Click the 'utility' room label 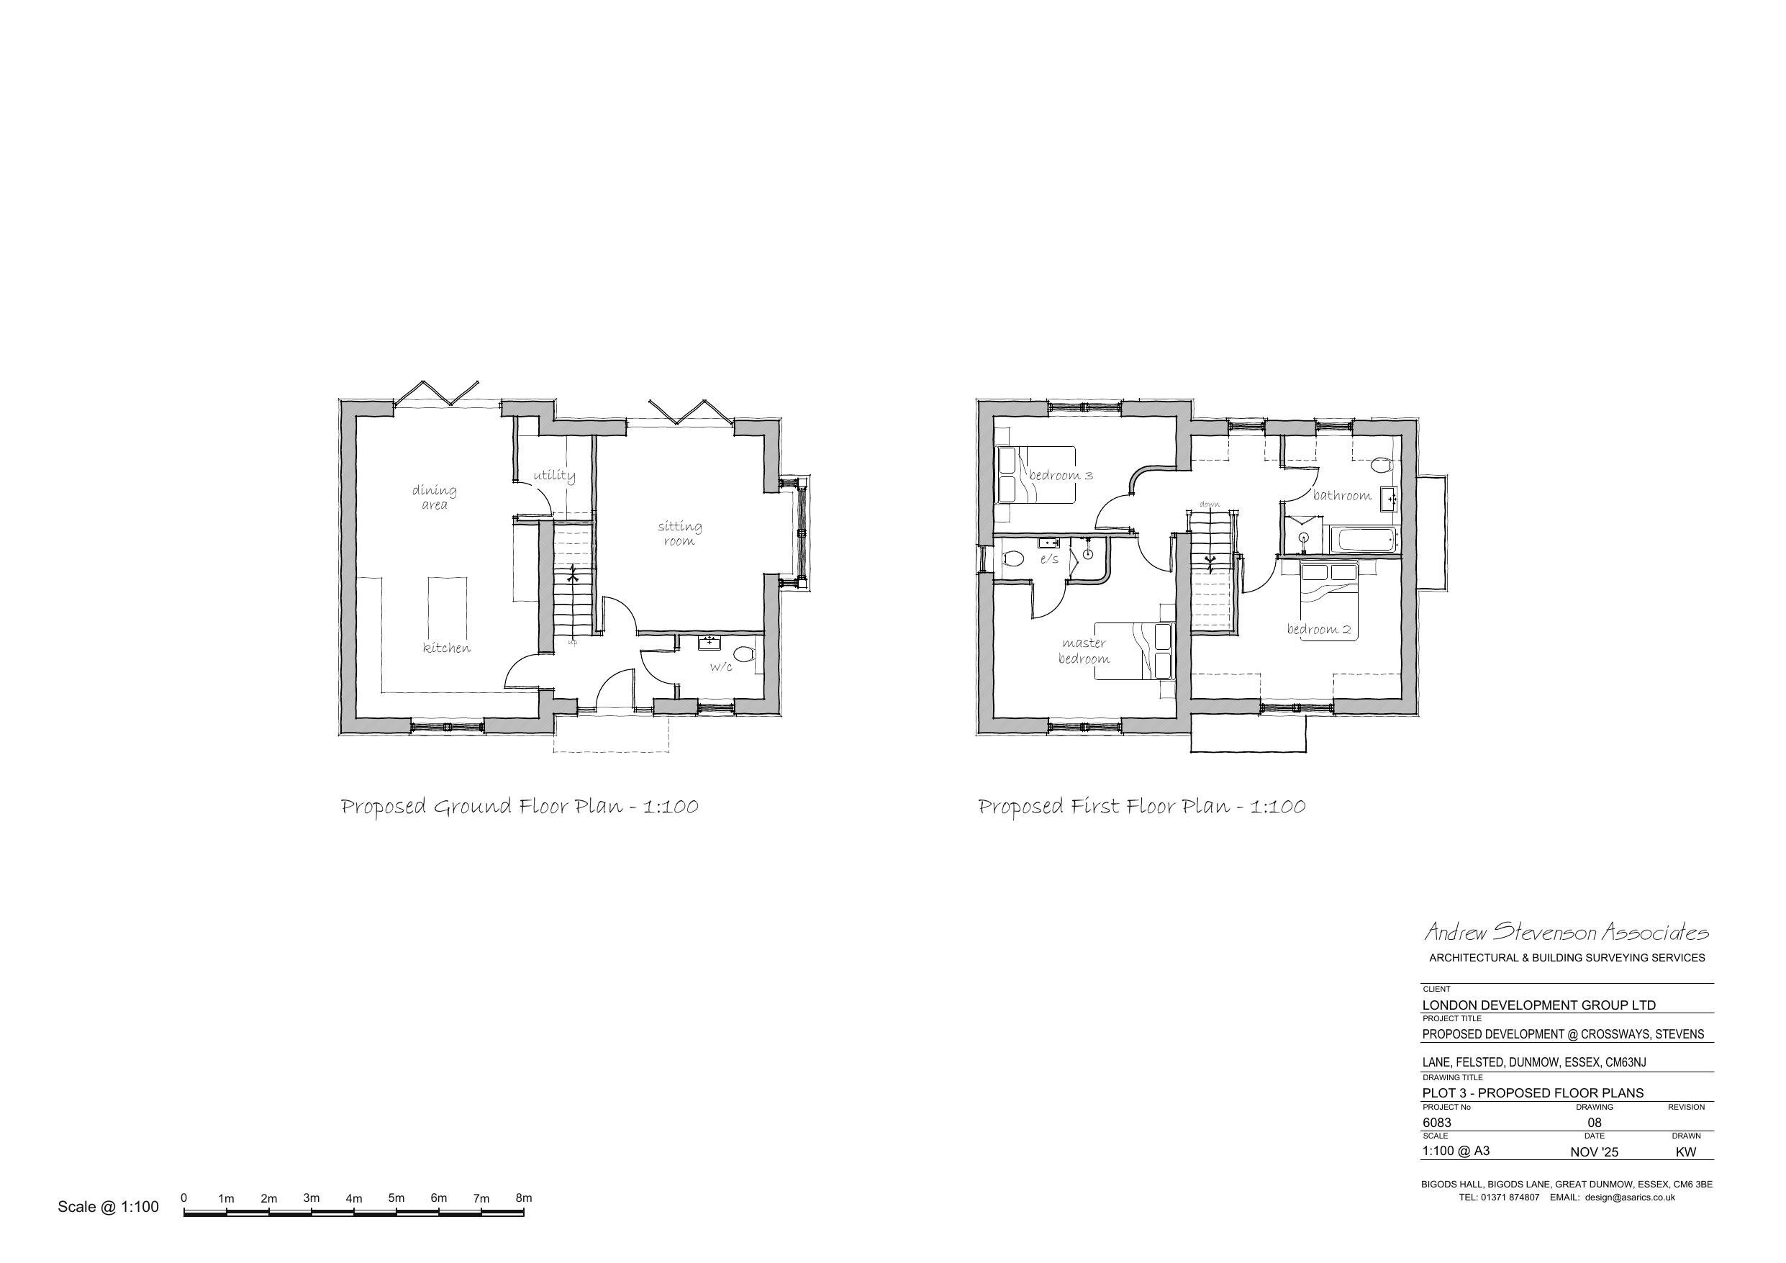coord(554,476)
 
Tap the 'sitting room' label coord(680,533)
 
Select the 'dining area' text coord(434,497)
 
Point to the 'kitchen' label coord(446,648)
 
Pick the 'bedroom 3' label coord(1061,476)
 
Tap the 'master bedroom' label coord(1084,651)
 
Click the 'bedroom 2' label coord(1318,629)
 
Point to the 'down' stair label coord(1210,504)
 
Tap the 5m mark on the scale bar coord(396,1199)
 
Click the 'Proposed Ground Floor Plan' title coord(520,806)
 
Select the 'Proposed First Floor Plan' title coord(1141,806)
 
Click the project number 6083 coord(1437,1122)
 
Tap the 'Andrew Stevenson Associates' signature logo coord(1566,931)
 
